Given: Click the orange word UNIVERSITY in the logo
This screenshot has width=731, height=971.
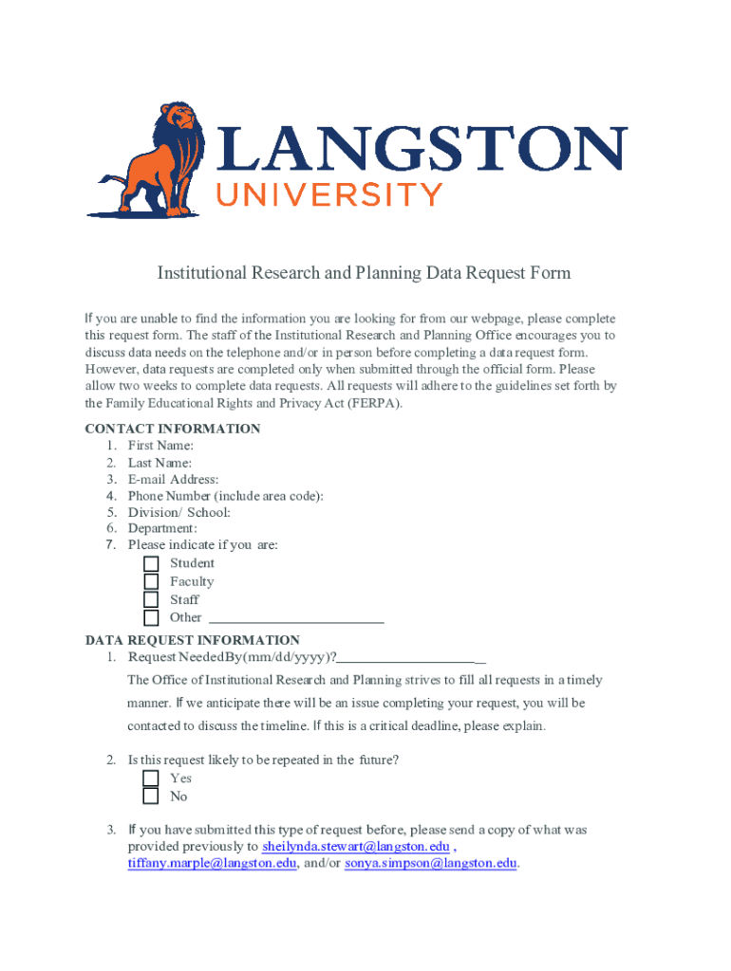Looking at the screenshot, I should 330,195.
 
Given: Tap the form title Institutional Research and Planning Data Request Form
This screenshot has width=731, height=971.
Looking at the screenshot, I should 365,274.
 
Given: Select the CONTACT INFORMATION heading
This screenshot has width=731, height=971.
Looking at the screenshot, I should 173,429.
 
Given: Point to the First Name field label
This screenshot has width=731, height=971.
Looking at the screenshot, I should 161,446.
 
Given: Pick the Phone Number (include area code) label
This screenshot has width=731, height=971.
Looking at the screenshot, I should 226,496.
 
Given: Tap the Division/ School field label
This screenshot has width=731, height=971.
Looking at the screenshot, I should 179,512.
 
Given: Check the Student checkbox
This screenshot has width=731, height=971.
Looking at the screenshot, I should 151,564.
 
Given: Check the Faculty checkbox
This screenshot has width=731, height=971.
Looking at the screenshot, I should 151,581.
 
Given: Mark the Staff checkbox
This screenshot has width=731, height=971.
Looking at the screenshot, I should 151,599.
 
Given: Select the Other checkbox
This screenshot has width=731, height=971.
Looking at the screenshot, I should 151,617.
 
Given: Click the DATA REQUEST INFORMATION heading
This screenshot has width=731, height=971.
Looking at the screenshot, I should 193,640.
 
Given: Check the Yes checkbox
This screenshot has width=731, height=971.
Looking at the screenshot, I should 151,779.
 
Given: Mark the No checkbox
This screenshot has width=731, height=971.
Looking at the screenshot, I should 151,797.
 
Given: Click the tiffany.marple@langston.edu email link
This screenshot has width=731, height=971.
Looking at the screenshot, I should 213,864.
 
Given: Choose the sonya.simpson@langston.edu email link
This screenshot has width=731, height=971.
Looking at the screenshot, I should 431,864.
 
